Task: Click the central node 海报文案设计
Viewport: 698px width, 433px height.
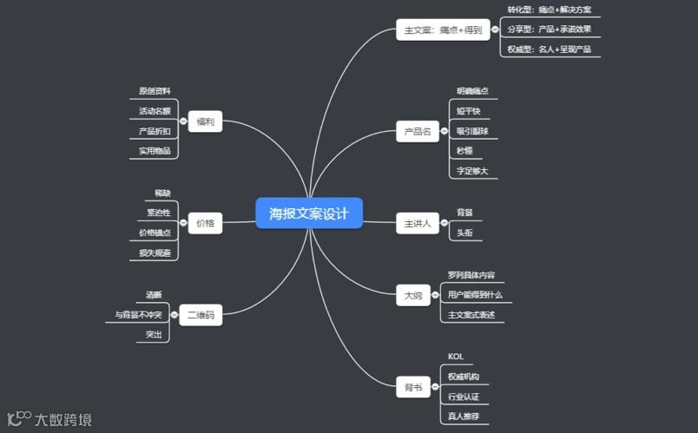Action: (309, 213)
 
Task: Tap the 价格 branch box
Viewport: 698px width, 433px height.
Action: (205, 223)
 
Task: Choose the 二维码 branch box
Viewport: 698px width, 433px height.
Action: (201, 315)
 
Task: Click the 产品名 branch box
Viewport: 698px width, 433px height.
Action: (418, 132)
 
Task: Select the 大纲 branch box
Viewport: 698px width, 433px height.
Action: (413, 296)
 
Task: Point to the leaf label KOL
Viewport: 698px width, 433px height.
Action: (456, 357)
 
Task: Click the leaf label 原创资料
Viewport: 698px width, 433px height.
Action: (155, 91)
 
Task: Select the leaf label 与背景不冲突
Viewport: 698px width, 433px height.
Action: (138, 315)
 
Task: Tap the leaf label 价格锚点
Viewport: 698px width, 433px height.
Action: (155, 233)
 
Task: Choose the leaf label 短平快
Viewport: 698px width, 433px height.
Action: (469, 111)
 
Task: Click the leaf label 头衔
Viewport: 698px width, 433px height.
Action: (465, 233)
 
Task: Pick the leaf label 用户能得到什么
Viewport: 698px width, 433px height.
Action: (475, 295)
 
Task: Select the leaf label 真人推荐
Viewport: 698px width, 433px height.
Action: (464, 417)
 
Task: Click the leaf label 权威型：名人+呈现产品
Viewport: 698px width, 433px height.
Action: (550, 49)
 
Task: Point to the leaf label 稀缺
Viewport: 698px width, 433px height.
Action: (162, 192)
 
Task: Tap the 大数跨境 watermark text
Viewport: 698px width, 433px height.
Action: (63, 420)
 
